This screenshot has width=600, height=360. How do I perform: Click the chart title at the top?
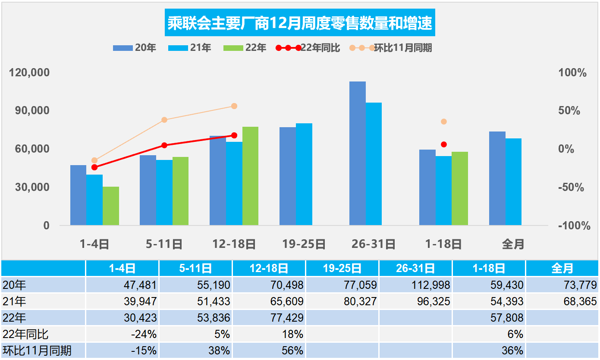(300, 24)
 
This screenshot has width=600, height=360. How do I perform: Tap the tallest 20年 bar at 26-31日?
(358, 153)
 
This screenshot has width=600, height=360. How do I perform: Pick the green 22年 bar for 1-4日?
(111, 206)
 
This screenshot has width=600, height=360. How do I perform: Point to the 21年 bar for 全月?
(514, 182)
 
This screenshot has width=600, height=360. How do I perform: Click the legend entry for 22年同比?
(308, 48)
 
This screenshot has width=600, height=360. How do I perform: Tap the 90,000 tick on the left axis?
(29, 110)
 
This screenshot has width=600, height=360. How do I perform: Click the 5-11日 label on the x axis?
(164, 244)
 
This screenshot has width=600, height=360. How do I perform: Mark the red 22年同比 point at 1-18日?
(444, 144)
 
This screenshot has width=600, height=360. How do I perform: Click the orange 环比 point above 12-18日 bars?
(234, 106)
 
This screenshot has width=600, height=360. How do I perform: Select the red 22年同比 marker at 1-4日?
(94, 167)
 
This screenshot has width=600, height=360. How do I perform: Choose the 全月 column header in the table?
(562, 269)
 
